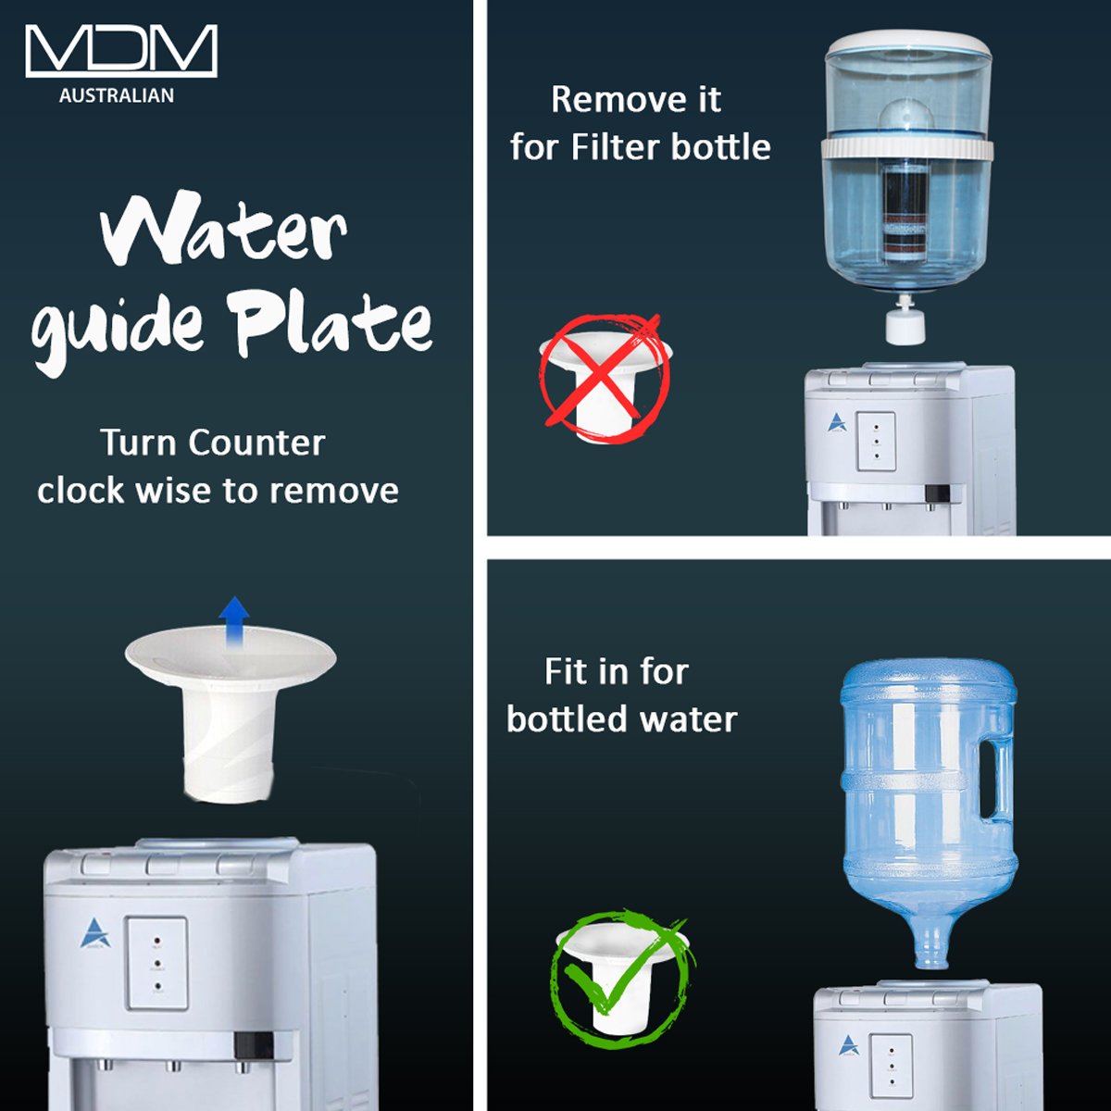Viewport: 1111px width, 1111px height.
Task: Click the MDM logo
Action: point(121,51)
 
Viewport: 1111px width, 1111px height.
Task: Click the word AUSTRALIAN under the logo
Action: point(117,95)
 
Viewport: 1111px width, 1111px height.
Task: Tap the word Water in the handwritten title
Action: point(224,231)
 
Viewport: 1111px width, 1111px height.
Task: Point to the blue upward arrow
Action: point(234,622)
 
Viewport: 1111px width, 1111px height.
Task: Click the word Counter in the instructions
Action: point(256,443)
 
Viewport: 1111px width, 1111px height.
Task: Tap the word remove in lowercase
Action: point(334,492)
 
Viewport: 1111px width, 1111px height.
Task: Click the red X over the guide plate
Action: point(602,370)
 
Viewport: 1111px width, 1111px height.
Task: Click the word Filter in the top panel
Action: point(615,147)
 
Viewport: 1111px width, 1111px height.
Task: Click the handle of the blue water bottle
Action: point(997,779)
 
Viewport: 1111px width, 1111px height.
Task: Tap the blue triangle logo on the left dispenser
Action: point(95,933)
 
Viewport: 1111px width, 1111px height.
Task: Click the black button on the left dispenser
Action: point(254,1045)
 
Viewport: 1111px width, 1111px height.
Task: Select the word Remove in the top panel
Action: point(636,100)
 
